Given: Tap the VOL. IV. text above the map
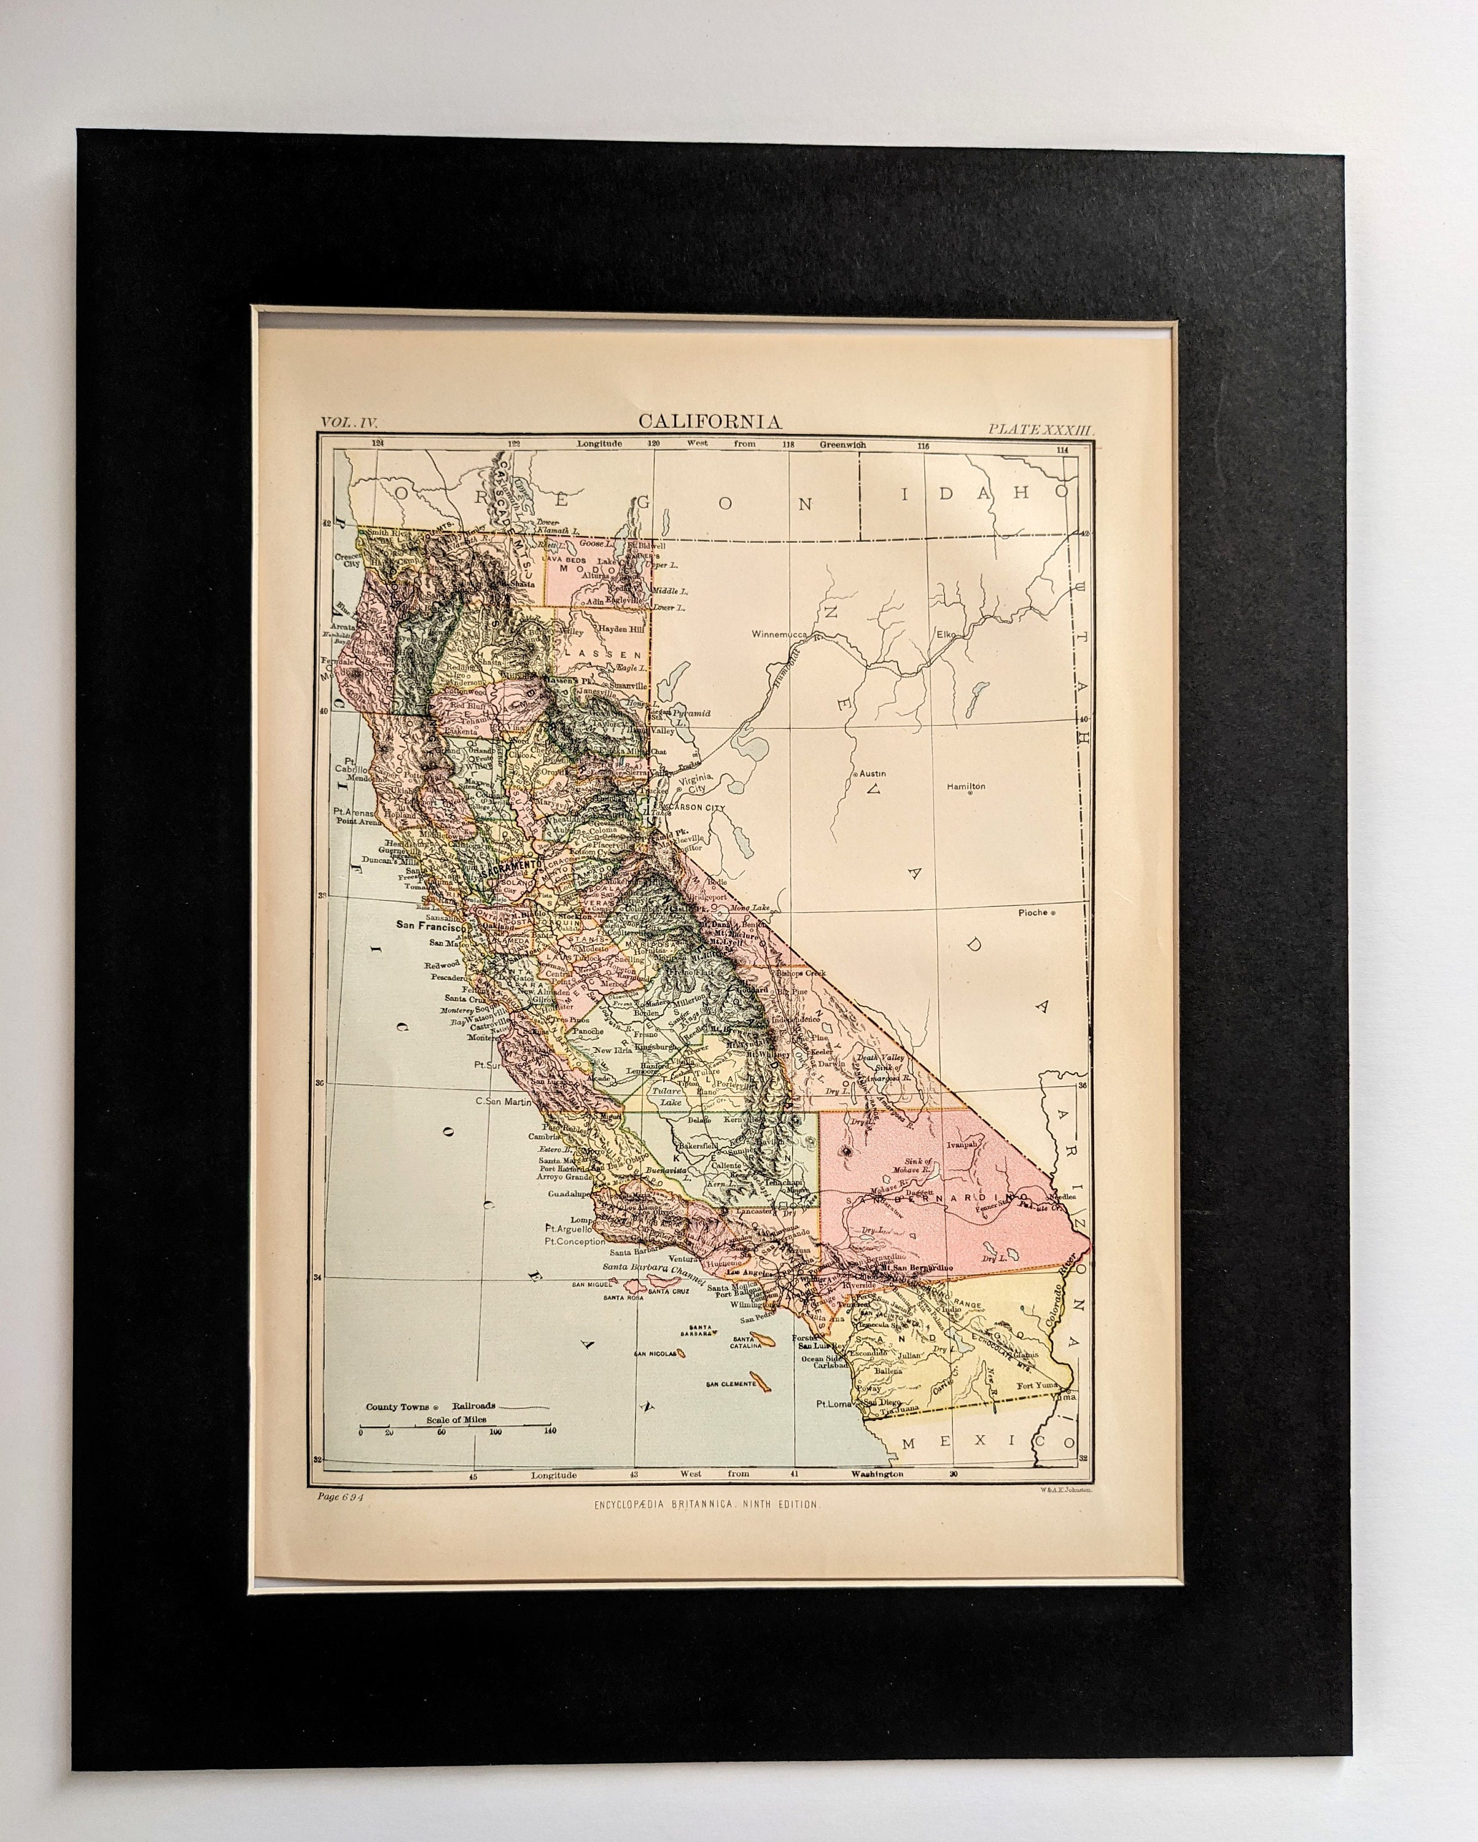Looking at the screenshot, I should (x=349, y=421).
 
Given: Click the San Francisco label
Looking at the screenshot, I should (x=428, y=925).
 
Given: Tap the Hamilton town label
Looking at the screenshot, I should (x=965, y=786).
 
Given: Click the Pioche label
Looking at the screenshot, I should (x=1033, y=912).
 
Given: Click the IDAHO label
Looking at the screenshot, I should (x=992, y=493).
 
